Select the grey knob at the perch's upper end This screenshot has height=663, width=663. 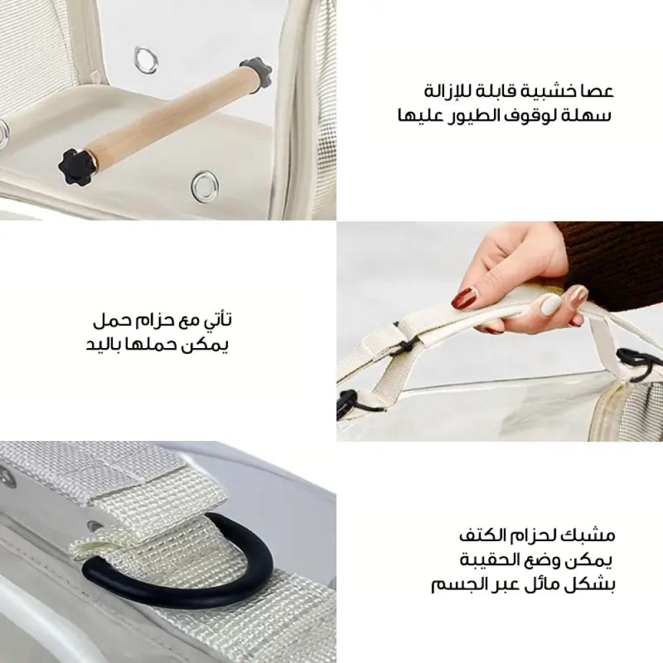pos(256,72)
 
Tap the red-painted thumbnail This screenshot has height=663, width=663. pos(464,298)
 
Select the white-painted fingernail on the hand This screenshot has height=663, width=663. pos(549,304)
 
